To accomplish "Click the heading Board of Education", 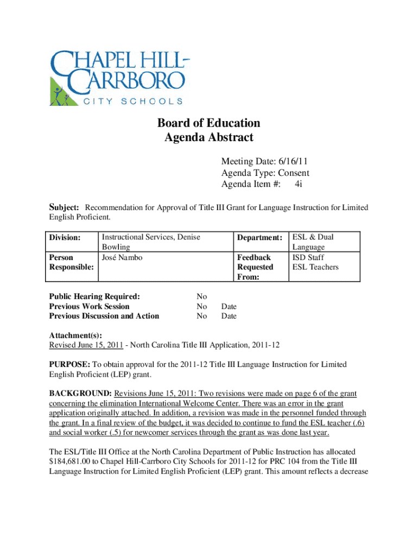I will [x=209, y=123].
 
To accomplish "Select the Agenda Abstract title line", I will [x=209, y=137].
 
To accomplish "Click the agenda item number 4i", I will [x=299, y=184].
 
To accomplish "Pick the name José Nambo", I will [x=122, y=257].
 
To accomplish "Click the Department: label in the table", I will [x=259, y=237].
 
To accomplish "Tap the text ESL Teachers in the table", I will [x=315, y=267].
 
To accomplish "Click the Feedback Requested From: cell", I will [x=255, y=267].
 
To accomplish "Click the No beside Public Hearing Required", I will [x=202, y=296].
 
